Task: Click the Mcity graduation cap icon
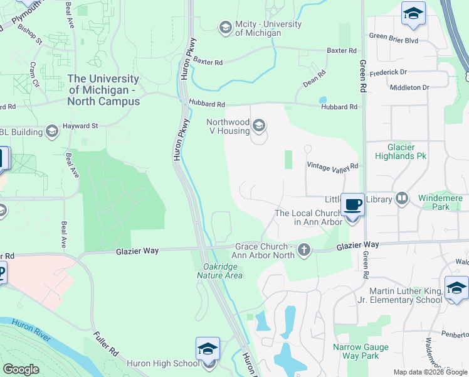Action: [x=224, y=28]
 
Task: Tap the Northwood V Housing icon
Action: [x=258, y=127]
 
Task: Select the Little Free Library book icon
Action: [x=401, y=199]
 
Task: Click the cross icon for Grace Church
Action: [x=303, y=250]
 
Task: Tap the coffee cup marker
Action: [x=352, y=205]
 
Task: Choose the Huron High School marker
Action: [x=208, y=349]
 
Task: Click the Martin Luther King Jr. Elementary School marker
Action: [x=456, y=288]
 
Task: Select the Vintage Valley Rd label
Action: [x=332, y=166]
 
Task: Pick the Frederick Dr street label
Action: [x=388, y=73]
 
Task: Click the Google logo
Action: [x=21, y=369]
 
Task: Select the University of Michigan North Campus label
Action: [x=103, y=90]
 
